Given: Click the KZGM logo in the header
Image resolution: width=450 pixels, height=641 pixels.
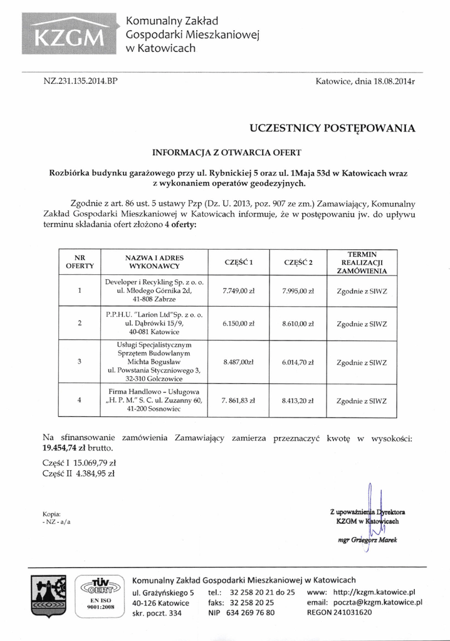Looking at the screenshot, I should click(x=69, y=35).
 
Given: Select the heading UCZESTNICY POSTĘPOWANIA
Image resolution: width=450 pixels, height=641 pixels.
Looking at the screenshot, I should click(x=332, y=128).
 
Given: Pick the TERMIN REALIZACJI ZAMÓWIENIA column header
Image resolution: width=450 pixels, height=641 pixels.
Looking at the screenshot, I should click(x=362, y=262).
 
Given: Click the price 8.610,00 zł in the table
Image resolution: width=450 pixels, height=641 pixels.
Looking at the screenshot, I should click(x=298, y=324).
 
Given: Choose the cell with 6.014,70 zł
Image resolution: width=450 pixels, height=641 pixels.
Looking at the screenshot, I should click(x=298, y=362).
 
